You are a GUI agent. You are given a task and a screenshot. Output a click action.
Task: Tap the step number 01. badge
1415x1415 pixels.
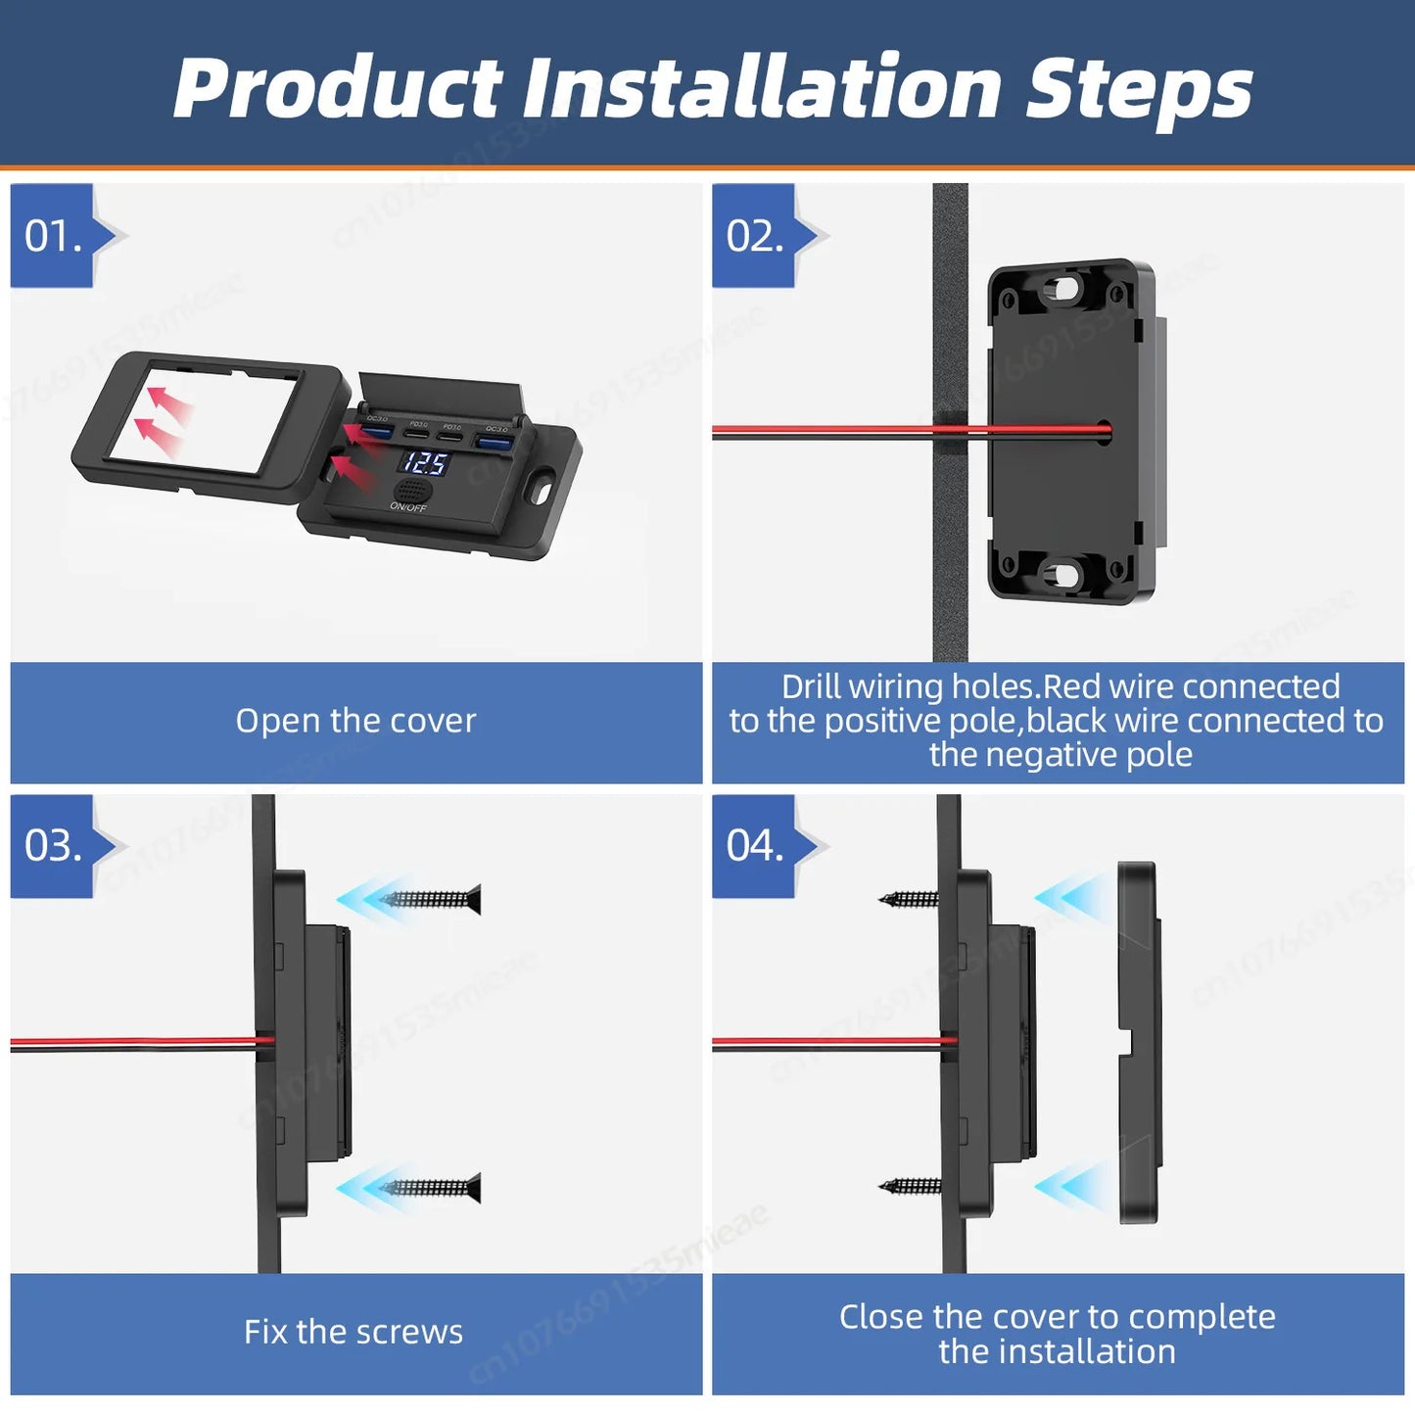click(53, 236)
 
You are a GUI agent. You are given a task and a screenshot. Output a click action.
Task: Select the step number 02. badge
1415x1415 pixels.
click(754, 236)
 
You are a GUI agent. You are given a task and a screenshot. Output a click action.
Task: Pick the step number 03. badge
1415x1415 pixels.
click(53, 846)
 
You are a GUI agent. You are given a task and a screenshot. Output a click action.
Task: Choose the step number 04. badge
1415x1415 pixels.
click(754, 846)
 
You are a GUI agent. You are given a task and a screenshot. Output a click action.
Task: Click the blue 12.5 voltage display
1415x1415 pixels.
click(425, 462)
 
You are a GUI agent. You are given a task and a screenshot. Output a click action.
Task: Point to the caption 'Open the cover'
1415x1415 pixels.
click(355, 722)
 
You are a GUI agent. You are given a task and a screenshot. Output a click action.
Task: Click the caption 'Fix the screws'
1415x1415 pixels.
click(354, 1332)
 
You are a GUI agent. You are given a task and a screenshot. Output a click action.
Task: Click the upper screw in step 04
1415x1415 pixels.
click(910, 898)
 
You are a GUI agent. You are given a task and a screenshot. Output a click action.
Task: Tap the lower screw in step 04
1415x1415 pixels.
click(910, 1186)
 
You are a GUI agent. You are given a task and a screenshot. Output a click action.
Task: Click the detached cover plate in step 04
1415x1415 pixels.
click(1139, 1043)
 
